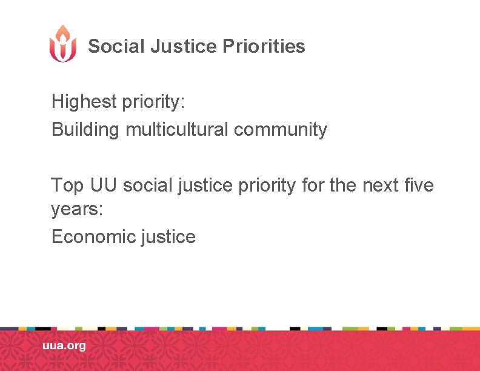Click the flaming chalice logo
click(x=63, y=44)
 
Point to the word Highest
click(x=83, y=101)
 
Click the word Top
click(x=68, y=185)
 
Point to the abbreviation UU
click(x=104, y=185)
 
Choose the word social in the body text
click(x=145, y=185)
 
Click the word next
click(x=384, y=185)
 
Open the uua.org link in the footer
click(x=64, y=346)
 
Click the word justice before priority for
click(x=202, y=185)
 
